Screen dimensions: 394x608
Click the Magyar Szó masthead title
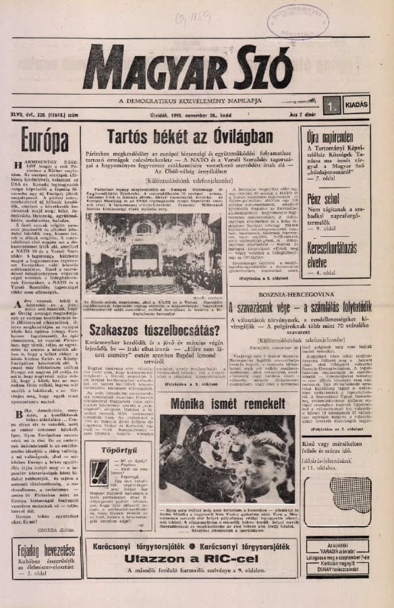[x=202, y=67]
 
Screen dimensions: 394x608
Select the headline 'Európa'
[x=45, y=140]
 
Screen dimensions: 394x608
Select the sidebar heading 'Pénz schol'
[x=323, y=200]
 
